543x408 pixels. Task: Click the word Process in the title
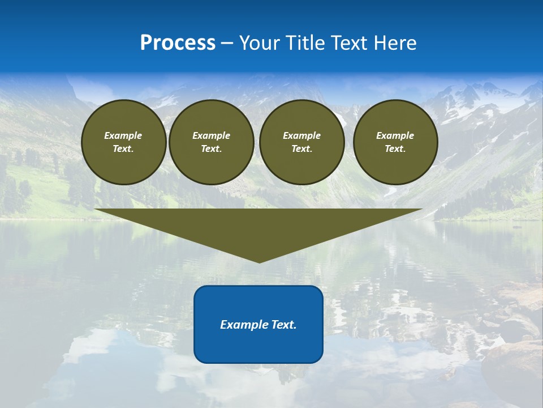tap(178, 43)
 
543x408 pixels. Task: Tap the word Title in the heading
tap(306, 43)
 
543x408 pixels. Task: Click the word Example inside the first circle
tap(123, 135)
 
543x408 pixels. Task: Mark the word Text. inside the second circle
tap(211, 149)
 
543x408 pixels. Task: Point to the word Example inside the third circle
tap(301, 135)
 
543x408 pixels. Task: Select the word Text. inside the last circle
tap(395, 149)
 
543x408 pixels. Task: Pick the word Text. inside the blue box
tap(283, 325)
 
